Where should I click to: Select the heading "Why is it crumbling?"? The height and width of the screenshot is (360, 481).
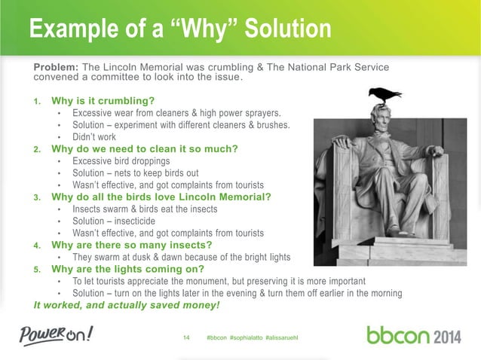click(103, 100)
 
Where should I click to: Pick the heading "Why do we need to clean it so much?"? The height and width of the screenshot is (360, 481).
click(144, 148)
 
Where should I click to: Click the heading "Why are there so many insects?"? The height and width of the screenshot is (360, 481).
click(131, 245)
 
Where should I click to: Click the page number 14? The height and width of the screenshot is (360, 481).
click(188, 336)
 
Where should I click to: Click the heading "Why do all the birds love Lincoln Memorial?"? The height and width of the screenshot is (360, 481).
click(161, 197)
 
